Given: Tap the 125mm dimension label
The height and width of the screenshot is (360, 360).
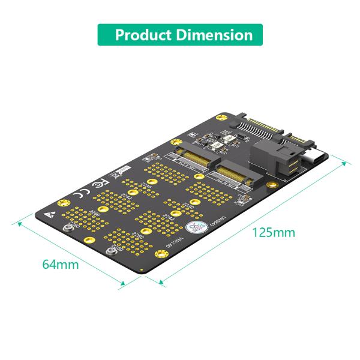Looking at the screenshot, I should tap(272, 232).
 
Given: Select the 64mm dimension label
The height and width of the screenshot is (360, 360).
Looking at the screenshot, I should tap(60, 263).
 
